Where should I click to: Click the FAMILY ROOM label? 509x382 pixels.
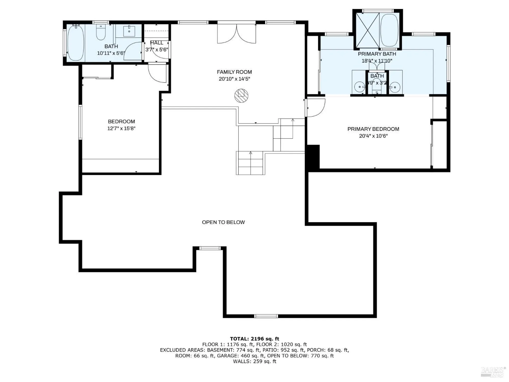pos(234,72)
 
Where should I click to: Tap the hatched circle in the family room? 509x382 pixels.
pos(241,96)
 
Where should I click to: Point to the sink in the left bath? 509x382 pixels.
pos(129,31)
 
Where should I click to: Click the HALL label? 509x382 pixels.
pos(157,43)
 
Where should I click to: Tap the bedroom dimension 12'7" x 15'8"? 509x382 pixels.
pos(121,128)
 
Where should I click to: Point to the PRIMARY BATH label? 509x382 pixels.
pos(377,54)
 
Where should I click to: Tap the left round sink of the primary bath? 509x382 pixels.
pos(360,87)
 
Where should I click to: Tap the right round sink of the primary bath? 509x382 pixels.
pos(395,87)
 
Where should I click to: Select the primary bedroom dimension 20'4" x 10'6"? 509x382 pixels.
pos(373,136)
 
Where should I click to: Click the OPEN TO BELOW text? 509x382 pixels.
pos(223,222)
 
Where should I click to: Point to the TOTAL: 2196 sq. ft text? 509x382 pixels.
pos(254,339)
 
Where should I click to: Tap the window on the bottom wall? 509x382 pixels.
pos(266,316)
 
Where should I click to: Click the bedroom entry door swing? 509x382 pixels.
pos(157,73)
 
